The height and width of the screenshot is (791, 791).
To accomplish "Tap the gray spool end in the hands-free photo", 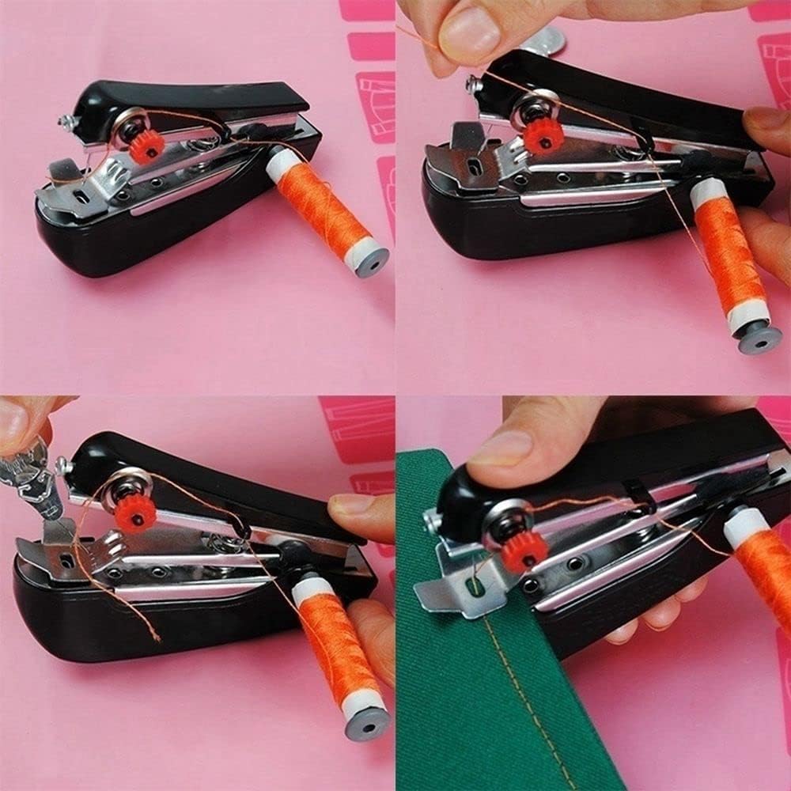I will pyautogui.click(x=372, y=261).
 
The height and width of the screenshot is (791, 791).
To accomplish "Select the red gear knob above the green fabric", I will pyautogui.click(x=523, y=551).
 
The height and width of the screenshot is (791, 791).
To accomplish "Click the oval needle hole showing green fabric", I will pyautogui.click(x=474, y=586).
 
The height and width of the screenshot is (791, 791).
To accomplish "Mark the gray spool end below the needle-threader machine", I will pyautogui.click(x=367, y=721).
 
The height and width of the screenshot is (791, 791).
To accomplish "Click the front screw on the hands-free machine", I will pyautogui.click(x=63, y=122).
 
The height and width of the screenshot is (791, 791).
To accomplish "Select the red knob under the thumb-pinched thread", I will pyautogui.click(x=543, y=135).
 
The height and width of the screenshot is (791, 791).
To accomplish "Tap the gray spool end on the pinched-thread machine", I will pyautogui.click(x=759, y=335).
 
